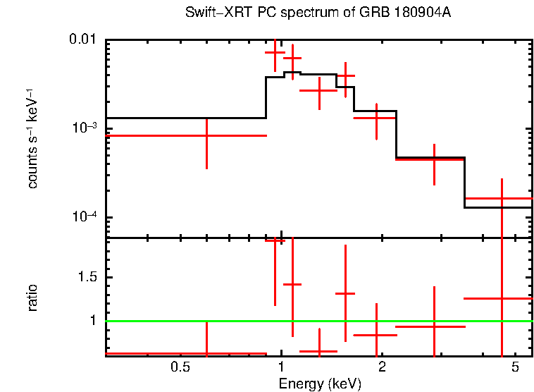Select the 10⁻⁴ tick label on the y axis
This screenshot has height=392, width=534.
82,217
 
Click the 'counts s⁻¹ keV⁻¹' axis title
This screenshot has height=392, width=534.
33,138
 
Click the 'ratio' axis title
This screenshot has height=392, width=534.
33,298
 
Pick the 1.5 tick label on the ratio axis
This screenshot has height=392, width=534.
86,277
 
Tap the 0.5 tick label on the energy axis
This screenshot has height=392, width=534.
181,367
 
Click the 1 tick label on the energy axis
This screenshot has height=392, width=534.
281,367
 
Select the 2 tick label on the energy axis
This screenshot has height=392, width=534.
381,367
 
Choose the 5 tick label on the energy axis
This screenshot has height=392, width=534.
514,367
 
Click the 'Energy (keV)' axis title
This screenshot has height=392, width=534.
320,384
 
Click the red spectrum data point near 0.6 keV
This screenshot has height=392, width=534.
206,135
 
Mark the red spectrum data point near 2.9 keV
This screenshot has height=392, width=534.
434,159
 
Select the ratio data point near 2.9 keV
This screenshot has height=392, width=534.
434,326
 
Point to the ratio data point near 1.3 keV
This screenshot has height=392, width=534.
319,350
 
